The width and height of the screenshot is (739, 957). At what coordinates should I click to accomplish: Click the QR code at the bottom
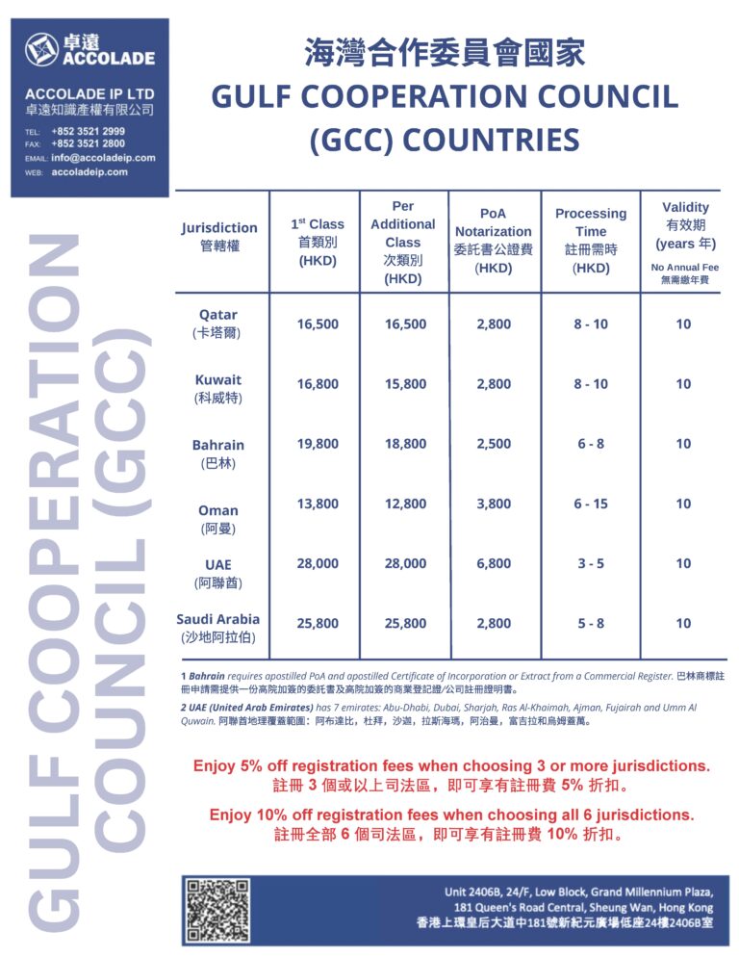pyautogui.click(x=217, y=909)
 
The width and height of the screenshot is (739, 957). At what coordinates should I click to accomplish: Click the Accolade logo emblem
pyautogui.click(x=41, y=50)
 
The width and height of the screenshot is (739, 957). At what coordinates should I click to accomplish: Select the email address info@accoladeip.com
pyautogui.click(x=103, y=158)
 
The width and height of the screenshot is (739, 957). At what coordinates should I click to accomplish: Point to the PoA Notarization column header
pyautogui.click(x=493, y=241)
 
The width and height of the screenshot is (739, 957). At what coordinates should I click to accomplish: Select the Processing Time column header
pyautogui.click(x=591, y=241)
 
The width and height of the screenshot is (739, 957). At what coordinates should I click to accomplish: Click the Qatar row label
pyautogui.click(x=218, y=323)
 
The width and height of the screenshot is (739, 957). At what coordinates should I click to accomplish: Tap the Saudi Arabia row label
pyautogui.click(x=218, y=628)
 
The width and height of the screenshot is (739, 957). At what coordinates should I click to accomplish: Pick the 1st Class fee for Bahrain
pyautogui.click(x=318, y=444)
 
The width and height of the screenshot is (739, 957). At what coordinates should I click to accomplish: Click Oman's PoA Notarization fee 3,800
pyautogui.click(x=493, y=504)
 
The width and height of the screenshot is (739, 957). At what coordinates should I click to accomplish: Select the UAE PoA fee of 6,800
pyautogui.click(x=493, y=563)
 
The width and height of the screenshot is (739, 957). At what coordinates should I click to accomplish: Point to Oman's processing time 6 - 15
pyautogui.click(x=591, y=504)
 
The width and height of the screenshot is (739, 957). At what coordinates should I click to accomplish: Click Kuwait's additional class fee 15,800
pyautogui.click(x=405, y=384)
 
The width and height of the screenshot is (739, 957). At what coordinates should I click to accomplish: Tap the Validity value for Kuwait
pyautogui.click(x=683, y=384)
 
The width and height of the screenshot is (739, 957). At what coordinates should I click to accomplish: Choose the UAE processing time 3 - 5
pyautogui.click(x=591, y=563)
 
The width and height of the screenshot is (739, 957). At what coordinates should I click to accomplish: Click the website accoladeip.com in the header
pyautogui.click(x=89, y=171)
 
